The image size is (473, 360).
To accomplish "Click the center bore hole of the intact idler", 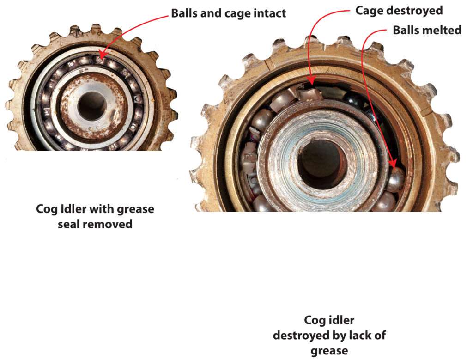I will click(91, 106).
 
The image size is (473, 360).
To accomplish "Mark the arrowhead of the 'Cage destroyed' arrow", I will click(311, 84).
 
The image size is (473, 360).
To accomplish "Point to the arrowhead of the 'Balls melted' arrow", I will click(394, 165).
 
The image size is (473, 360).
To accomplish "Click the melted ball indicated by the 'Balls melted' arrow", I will click(395, 179).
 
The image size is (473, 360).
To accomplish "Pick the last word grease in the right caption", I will click(329, 350).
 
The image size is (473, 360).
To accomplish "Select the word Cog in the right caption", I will click(314, 320).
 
